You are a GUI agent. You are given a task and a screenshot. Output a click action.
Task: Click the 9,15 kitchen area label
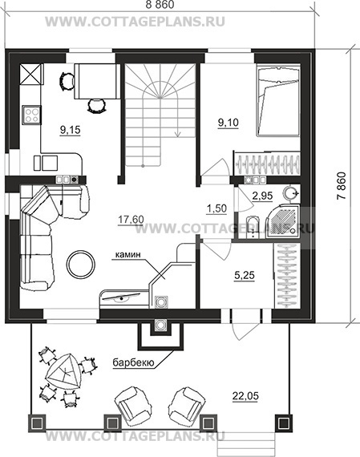pos(70,130)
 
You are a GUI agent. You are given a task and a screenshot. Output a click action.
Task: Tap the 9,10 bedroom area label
pos(229,123)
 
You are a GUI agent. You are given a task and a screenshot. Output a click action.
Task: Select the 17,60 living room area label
pos(131,220)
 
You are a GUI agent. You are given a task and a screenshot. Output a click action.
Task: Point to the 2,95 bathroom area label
pos(262,196)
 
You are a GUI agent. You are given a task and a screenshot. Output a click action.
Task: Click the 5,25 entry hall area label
pos(245,275)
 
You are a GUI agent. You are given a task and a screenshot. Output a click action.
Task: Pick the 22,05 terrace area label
pos(245,396)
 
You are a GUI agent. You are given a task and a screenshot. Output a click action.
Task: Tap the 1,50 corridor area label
pos(216,208)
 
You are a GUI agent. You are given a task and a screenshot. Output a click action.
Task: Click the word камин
pos(128,254)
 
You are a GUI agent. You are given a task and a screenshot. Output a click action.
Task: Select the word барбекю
pos(133,363)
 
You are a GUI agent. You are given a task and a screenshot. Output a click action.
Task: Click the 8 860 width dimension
pos(160,5)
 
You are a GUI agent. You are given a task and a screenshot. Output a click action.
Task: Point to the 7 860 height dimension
pos(342,186)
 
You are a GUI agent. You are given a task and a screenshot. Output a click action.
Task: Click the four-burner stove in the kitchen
pos(31,115)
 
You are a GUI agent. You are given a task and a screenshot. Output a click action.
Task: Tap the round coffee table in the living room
pos(81,264)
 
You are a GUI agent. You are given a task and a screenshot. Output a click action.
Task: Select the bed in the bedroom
pos(278,100)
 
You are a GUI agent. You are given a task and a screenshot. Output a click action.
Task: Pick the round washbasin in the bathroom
pos(290,193)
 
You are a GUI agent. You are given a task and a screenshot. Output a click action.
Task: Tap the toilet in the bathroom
pos(252,228)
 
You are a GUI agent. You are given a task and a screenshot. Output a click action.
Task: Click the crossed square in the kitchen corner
pos(31,75)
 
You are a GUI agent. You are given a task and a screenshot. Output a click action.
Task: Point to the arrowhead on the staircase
pos(177,133)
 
